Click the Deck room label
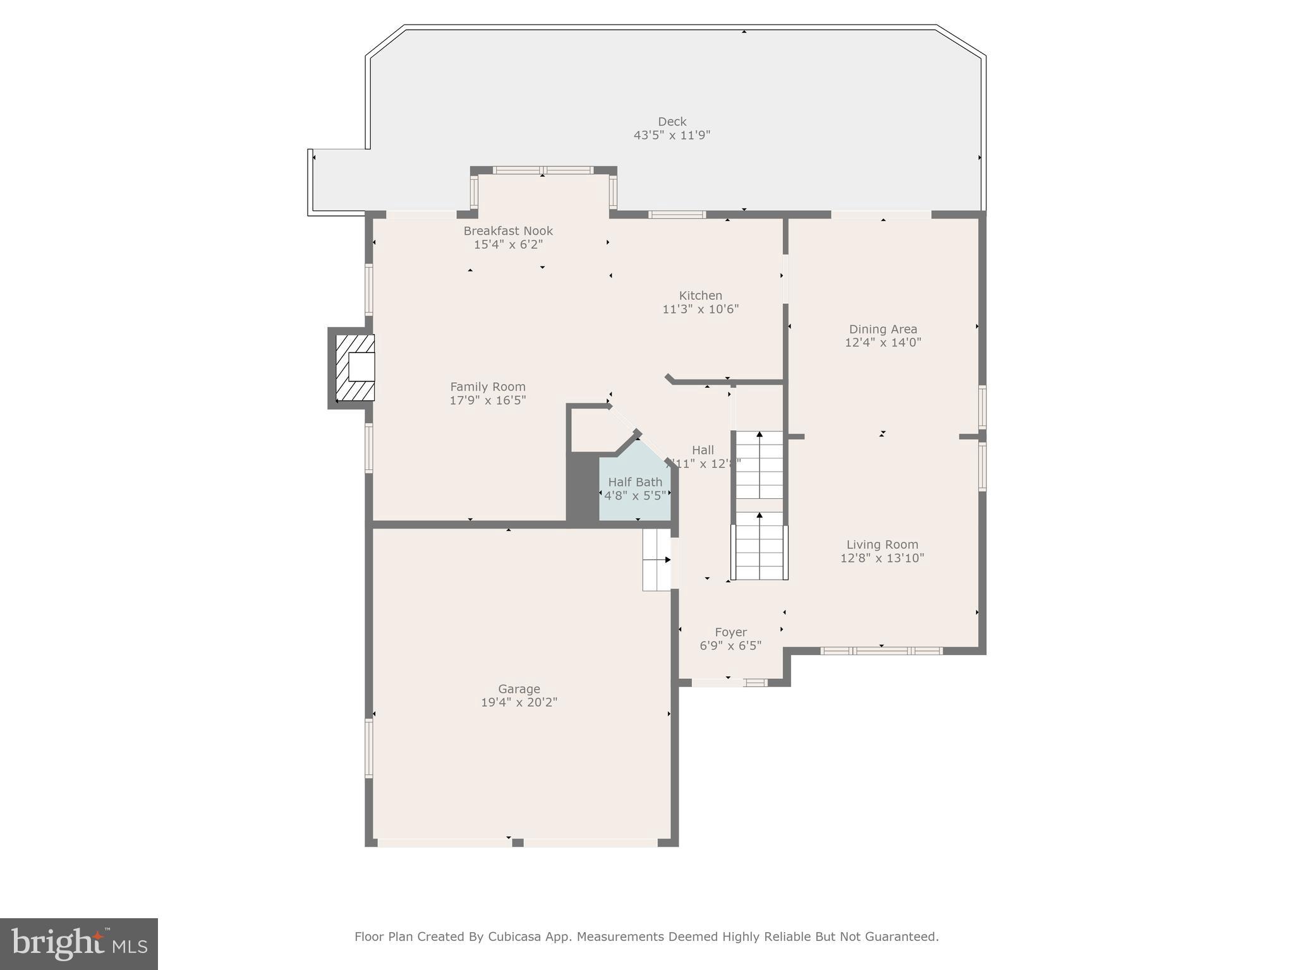672,121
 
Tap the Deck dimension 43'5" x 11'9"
672,135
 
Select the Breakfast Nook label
508,231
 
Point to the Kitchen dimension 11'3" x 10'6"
700,309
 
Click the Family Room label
487,386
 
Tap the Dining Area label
883,329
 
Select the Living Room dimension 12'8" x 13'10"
882,558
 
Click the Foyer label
730,632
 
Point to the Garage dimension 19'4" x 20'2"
519,702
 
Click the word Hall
703,450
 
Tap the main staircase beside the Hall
759,505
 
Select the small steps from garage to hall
656,560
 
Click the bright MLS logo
79,943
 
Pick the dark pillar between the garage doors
517,842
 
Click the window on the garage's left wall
369,748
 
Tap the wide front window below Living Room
881,650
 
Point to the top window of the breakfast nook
543,170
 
